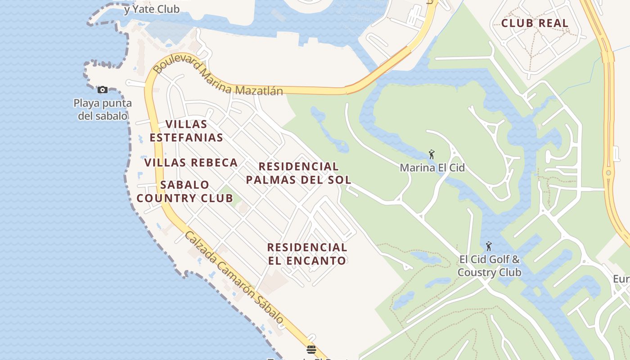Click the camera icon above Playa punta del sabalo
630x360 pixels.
(x=103, y=90)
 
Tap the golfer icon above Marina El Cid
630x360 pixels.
(x=432, y=155)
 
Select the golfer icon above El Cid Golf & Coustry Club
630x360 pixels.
(x=489, y=246)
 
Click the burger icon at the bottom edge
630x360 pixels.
(x=311, y=349)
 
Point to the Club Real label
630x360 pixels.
(x=535, y=23)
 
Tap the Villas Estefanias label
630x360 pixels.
(x=186, y=130)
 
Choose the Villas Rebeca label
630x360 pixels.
(x=191, y=162)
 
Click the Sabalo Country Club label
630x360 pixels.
(x=185, y=191)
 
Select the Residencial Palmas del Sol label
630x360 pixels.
(x=299, y=173)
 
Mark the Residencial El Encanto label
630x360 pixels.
(x=307, y=254)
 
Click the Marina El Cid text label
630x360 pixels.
(x=432, y=168)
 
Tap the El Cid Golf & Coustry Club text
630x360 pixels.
(x=489, y=266)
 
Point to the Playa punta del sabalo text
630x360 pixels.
(x=103, y=109)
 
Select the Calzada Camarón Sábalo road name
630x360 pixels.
(x=234, y=278)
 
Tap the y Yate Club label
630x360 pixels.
(x=152, y=9)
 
